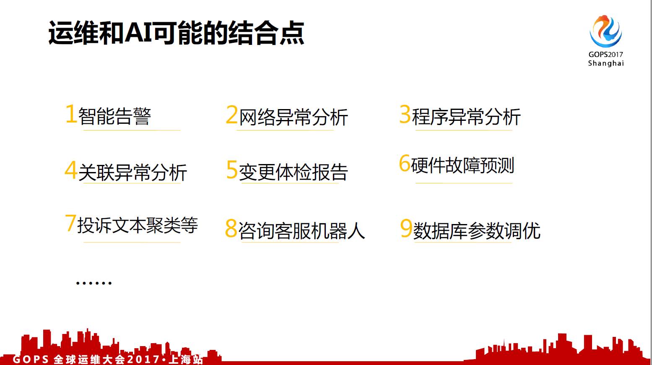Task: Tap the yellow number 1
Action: [70, 114]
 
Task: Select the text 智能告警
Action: [114, 116]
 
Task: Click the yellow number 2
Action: [232, 115]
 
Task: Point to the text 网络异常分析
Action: [294, 117]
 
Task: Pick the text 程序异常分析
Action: [466, 116]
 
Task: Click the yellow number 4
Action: [70, 170]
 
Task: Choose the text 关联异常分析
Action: [132, 172]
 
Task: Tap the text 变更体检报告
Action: [294, 172]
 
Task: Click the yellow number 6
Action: [404, 163]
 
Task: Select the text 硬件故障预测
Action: [462, 165]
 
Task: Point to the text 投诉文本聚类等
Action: [138, 225]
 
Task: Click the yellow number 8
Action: [231, 229]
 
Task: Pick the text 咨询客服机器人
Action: [301, 230]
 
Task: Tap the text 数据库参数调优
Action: [477, 230]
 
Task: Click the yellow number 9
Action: [406, 229]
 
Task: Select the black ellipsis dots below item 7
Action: [94, 283]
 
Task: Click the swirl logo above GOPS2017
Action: [605, 32]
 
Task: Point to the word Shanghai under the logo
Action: [606, 63]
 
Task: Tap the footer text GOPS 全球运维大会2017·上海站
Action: [108, 360]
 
